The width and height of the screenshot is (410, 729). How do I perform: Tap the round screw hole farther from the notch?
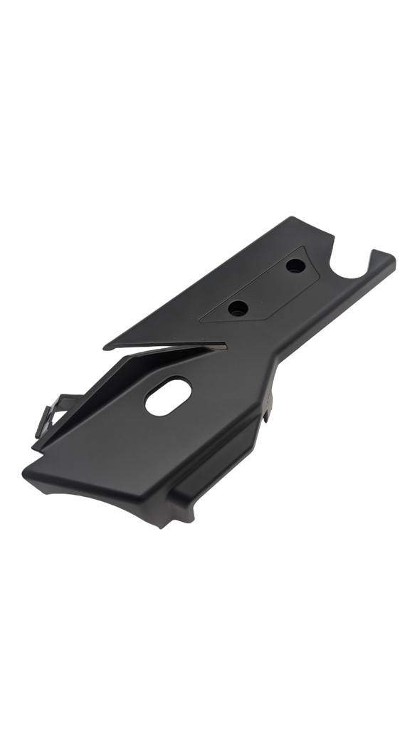coord(238,308)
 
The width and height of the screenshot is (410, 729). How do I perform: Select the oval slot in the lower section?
coord(168,396)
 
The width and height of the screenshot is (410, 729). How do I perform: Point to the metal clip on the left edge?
coord(52,411)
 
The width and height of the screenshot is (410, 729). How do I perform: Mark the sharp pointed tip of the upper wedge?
coord(105,347)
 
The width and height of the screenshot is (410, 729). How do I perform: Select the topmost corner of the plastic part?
coord(290,217)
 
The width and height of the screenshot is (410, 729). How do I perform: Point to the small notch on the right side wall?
coord(271,407)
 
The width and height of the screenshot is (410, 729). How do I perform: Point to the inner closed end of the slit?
coord(226,344)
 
